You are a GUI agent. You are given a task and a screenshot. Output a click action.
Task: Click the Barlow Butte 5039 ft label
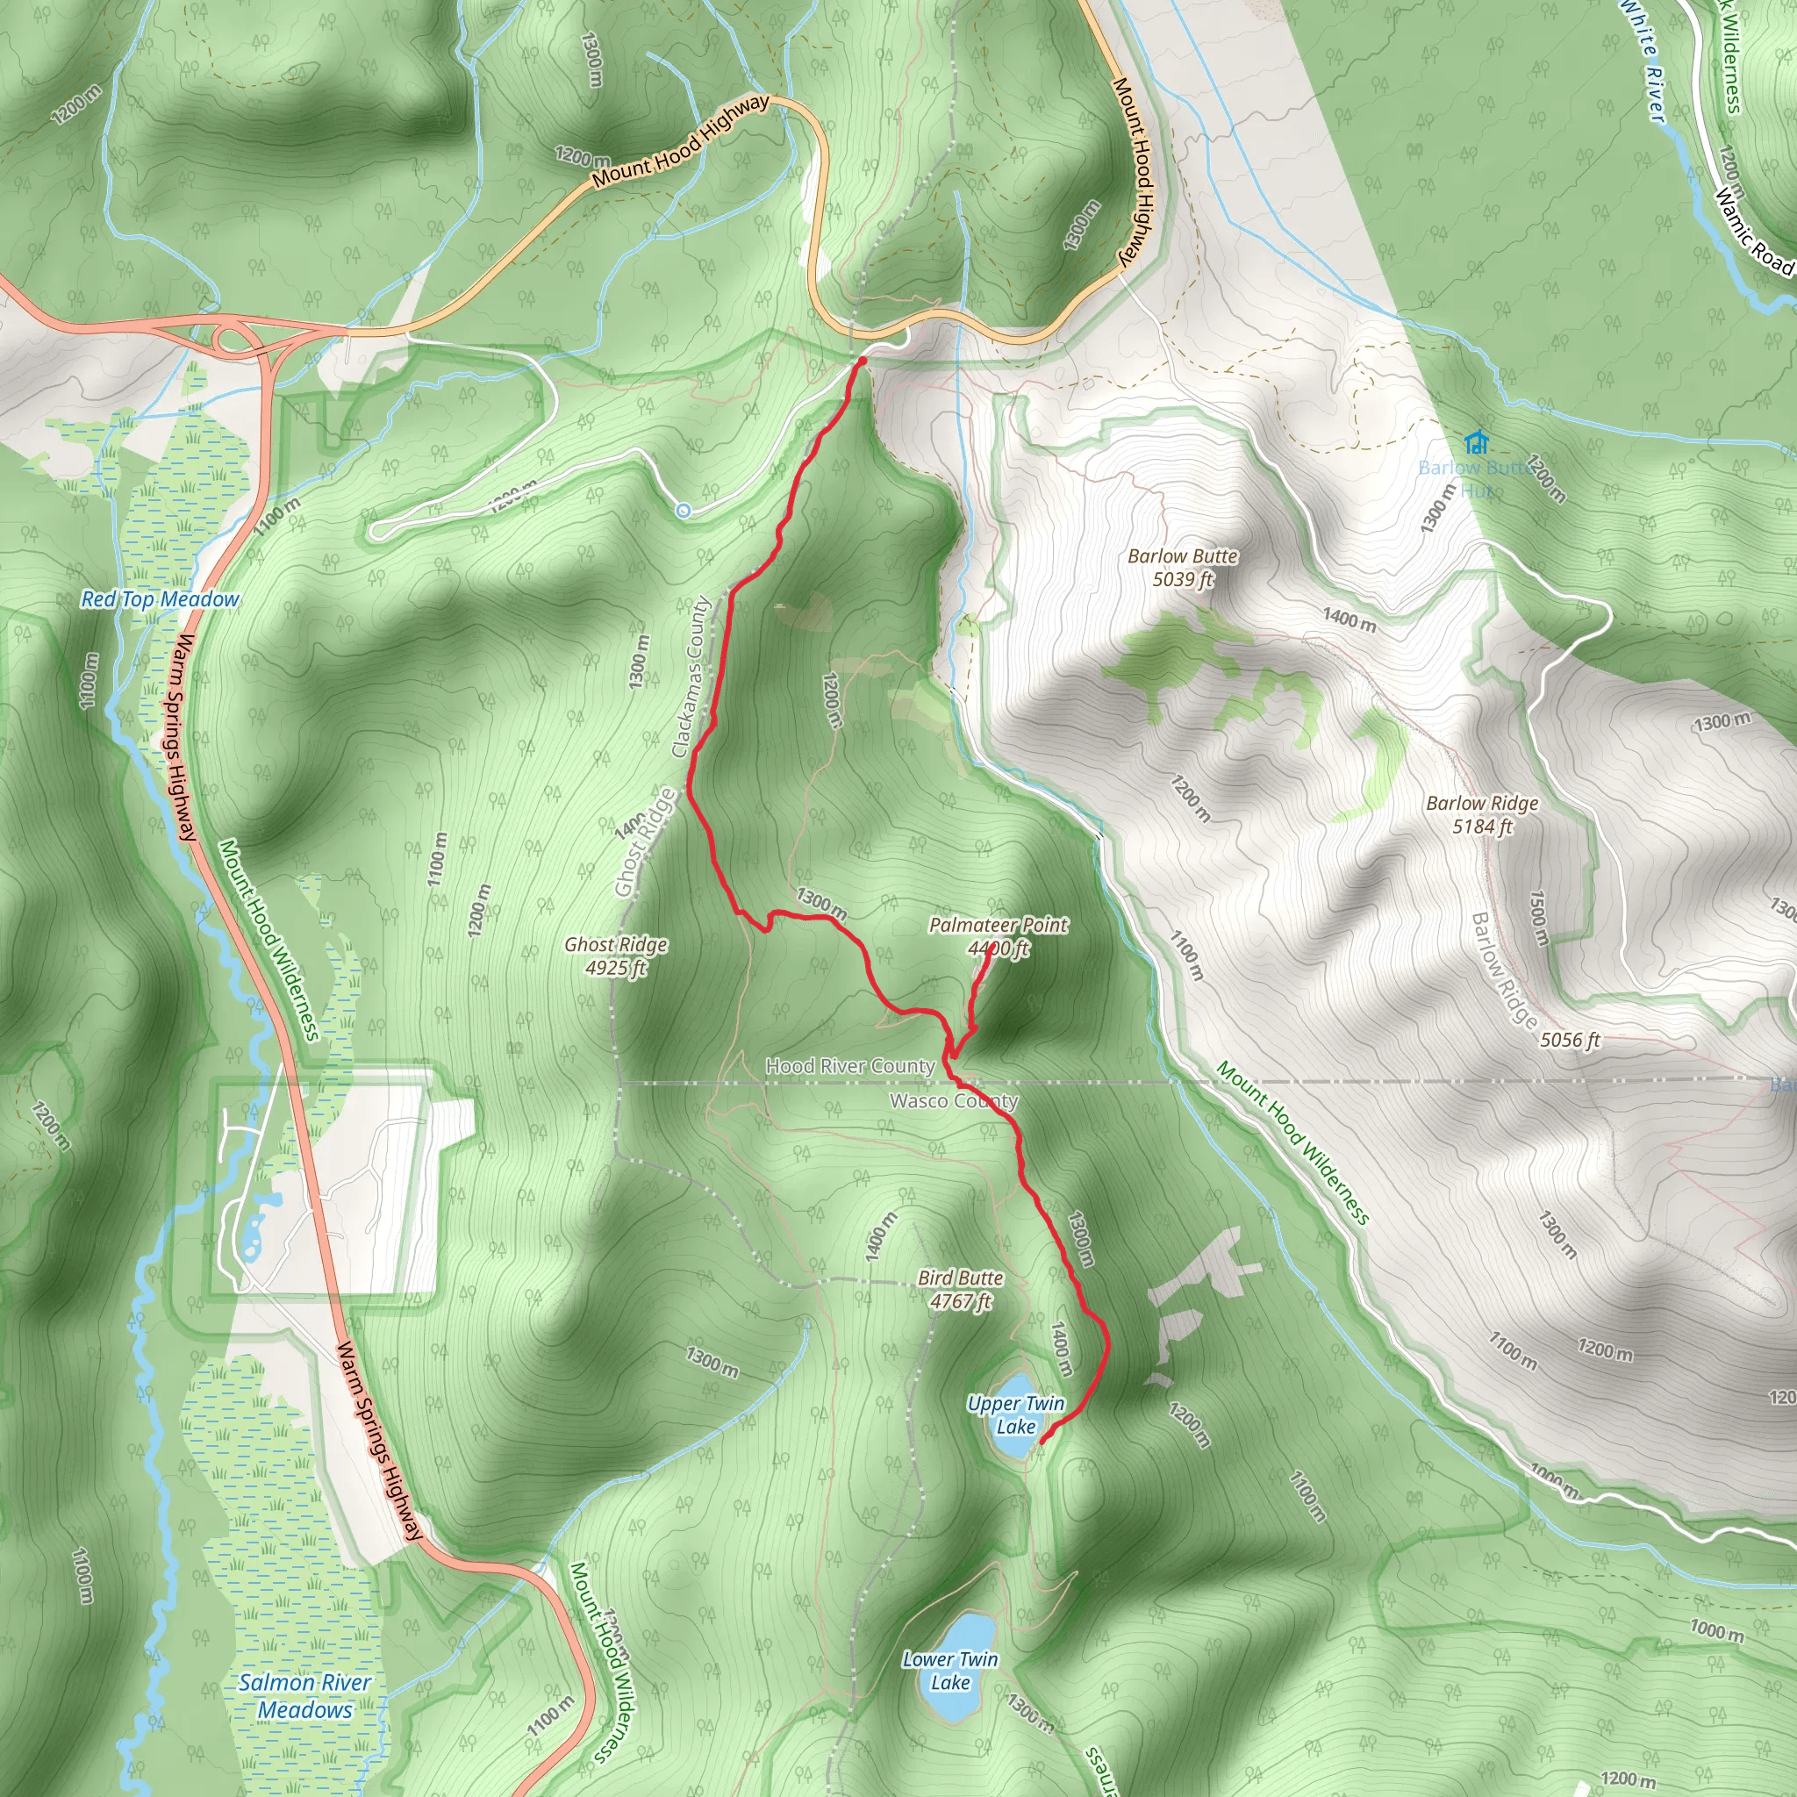(1182, 568)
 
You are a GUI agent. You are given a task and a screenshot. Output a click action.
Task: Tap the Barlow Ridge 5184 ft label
(1482, 814)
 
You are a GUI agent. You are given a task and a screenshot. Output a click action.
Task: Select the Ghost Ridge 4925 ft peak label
(616, 956)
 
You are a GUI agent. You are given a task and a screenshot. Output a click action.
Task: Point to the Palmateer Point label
(998, 925)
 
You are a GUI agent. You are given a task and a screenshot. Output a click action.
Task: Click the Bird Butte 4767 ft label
(960, 1289)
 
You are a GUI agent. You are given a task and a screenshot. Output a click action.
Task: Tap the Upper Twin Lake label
(1016, 1414)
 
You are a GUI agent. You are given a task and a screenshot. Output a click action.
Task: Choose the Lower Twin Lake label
(949, 1671)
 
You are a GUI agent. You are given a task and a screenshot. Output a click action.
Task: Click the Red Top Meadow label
(160, 599)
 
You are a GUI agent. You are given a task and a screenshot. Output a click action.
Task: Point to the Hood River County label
(849, 1066)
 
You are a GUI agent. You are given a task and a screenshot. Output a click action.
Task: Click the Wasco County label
(954, 1101)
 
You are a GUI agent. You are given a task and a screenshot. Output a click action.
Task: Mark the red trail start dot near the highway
(863, 361)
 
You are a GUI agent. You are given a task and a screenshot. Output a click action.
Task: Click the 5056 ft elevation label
(1569, 1040)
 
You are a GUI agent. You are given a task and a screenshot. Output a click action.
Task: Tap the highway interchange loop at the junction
(233, 337)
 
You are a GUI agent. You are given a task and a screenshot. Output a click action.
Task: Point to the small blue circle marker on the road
(684, 510)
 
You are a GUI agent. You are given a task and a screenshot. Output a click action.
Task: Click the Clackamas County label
(691, 677)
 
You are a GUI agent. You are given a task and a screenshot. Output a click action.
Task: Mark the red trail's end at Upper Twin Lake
(1041, 1441)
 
